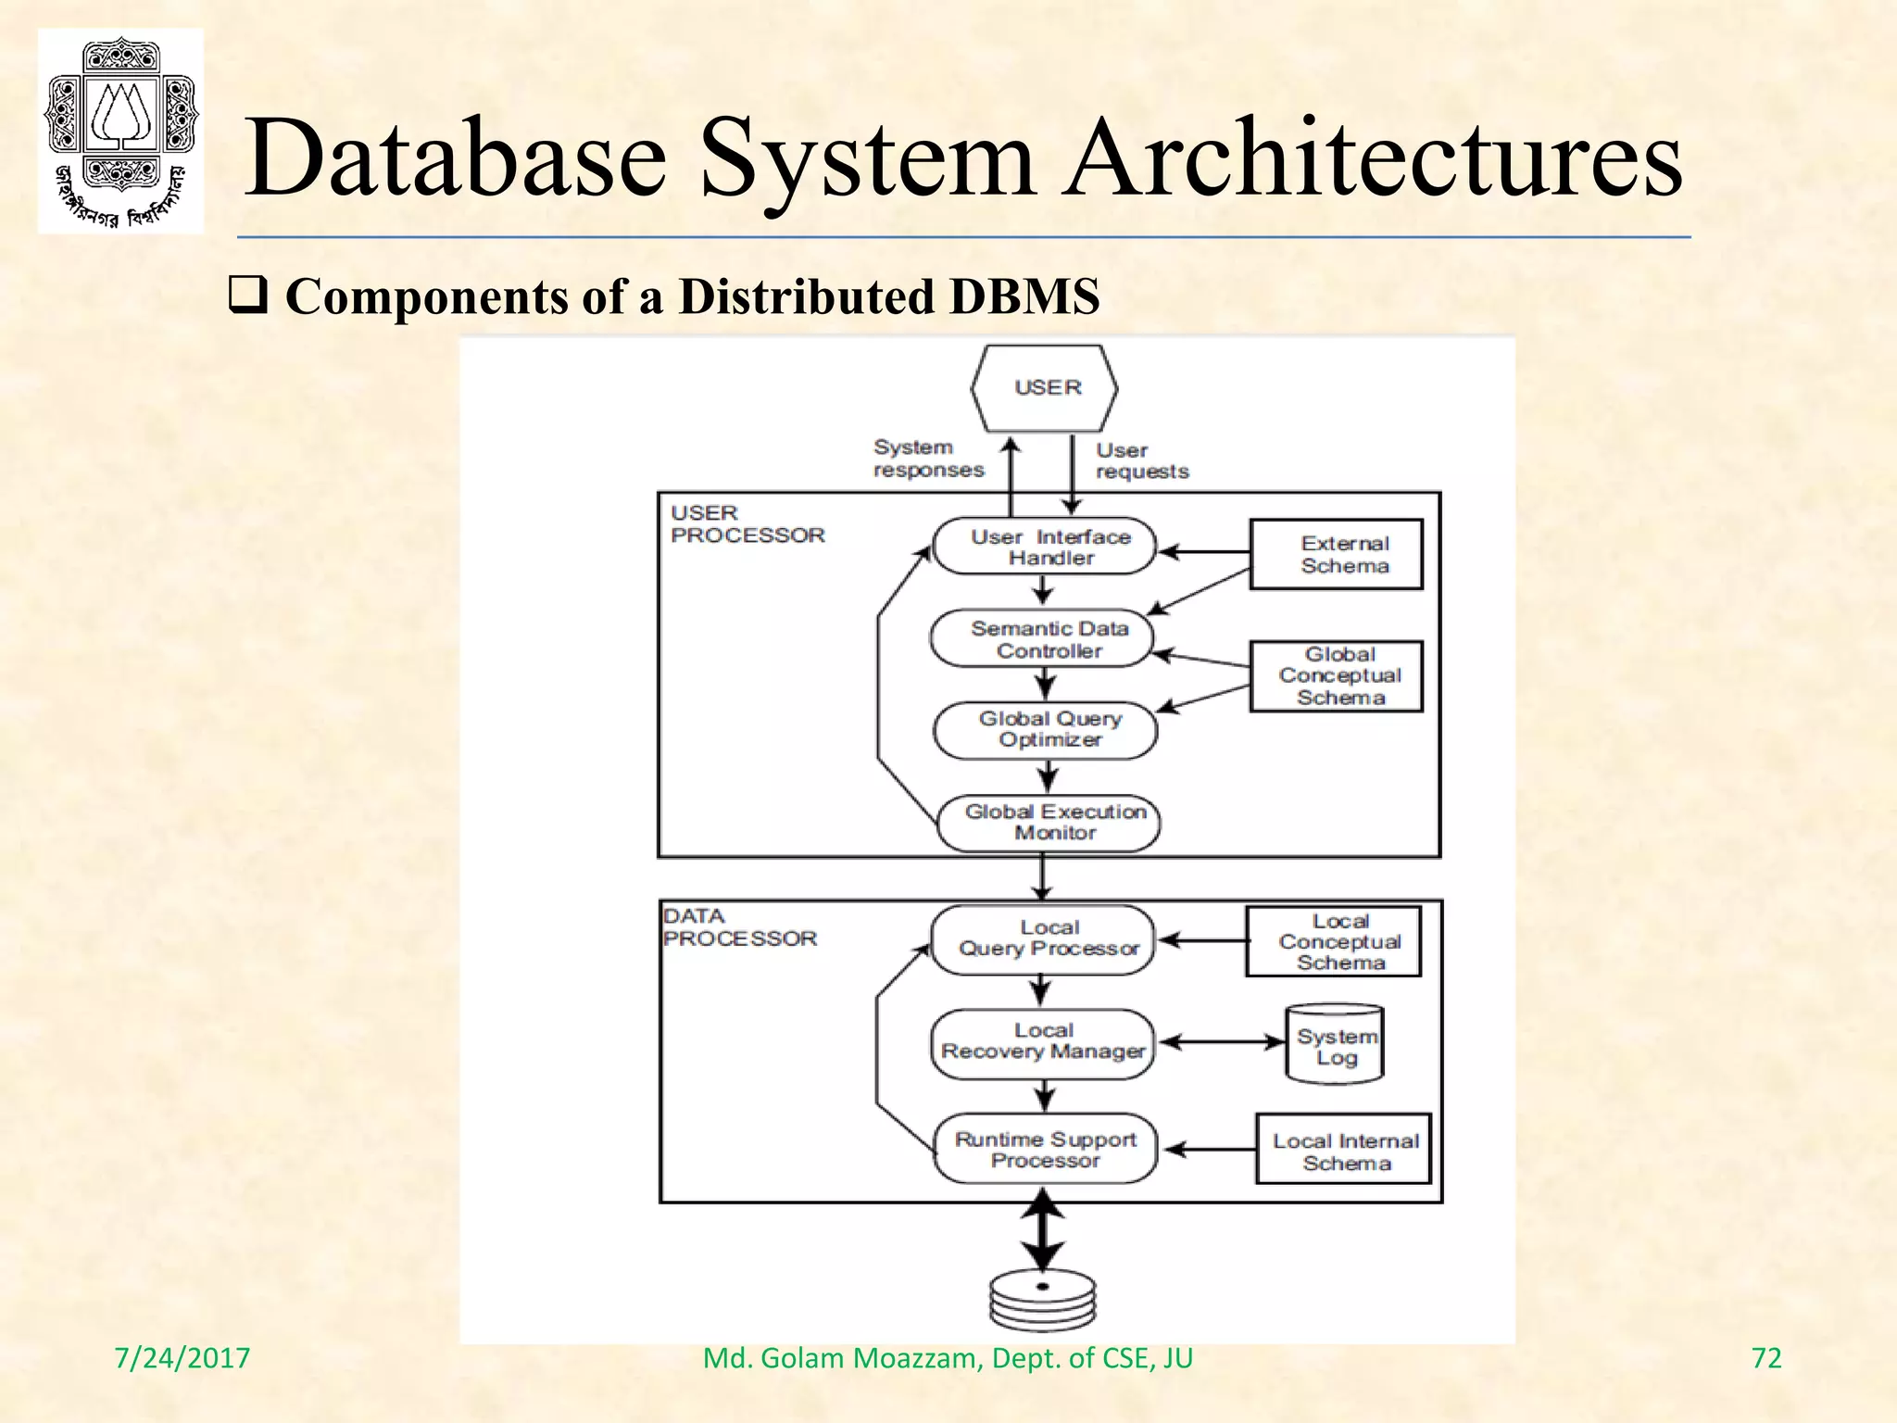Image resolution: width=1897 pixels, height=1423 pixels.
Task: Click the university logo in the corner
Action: pyautogui.click(x=120, y=131)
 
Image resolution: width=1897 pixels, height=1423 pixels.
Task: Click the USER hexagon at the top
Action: pyautogui.click(x=1045, y=388)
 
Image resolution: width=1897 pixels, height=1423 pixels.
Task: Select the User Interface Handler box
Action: pyautogui.click(x=1045, y=547)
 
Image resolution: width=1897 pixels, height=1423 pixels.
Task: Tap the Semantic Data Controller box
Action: pyautogui.click(x=1043, y=639)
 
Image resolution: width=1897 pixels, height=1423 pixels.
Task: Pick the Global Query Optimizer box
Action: pyautogui.click(x=1046, y=729)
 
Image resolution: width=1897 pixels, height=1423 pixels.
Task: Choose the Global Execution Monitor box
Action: pyautogui.click(x=1049, y=822)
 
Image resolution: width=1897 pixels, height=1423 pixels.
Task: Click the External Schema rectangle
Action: pyautogui.click(x=1337, y=554)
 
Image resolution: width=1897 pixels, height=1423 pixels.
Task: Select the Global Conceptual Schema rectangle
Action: pyautogui.click(x=1337, y=676)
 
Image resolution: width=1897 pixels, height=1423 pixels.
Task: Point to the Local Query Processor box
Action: pyautogui.click(x=1044, y=938)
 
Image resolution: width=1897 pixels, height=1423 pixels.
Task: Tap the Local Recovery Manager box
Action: pyautogui.click(x=1043, y=1041)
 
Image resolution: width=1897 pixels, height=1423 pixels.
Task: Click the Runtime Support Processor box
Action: pyautogui.click(x=1045, y=1150)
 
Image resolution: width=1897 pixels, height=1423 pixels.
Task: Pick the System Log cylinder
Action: pyautogui.click(x=1335, y=1045)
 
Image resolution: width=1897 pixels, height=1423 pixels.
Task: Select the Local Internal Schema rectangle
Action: pyautogui.click(x=1344, y=1150)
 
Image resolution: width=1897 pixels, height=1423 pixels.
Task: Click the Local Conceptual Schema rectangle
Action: pyautogui.click(x=1334, y=941)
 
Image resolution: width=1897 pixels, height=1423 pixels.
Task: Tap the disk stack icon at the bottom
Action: pyautogui.click(x=1043, y=1299)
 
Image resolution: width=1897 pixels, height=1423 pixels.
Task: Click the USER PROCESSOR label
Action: pyautogui.click(x=747, y=524)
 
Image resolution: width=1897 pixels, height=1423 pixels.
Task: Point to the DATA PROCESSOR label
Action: pyautogui.click(x=739, y=927)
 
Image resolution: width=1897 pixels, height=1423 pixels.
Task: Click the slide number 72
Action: pyautogui.click(x=1766, y=1358)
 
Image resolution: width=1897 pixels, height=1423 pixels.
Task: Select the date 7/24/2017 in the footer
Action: pyautogui.click(x=182, y=1358)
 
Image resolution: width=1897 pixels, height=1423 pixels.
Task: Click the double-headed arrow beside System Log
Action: pyautogui.click(x=1223, y=1042)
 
